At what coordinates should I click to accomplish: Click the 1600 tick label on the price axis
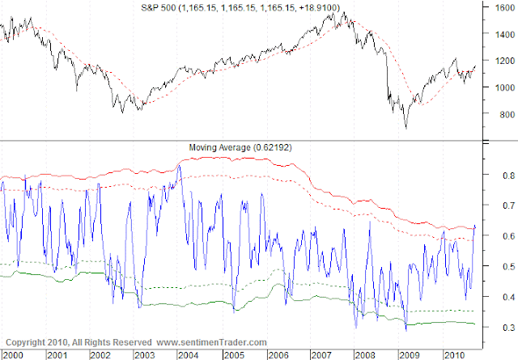[x=505, y=7]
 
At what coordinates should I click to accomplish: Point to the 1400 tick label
[x=505, y=34]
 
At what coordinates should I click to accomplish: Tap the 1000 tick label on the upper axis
[x=505, y=87]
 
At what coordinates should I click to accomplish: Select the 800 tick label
[x=507, y=115]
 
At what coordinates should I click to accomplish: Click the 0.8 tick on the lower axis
[x=509, y=176]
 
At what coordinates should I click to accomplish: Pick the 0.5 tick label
[x=509, y=266]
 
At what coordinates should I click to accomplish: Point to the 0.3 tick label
[x=509, y=328]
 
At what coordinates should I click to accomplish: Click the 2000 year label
[x=13, y=355]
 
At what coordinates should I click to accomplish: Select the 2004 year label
[x=189, y=355]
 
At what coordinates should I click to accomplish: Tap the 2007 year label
[x=322, y=355]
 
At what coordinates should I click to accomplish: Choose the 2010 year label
[x=455, y=355]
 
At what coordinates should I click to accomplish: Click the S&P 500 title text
[x=159, y=7]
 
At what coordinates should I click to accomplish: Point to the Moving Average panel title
[x=219, y=147]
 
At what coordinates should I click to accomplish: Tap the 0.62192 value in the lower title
[x=273, y=147]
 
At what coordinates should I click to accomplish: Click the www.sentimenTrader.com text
[x=211, y=342]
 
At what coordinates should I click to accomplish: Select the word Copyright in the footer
[x=25, y=342]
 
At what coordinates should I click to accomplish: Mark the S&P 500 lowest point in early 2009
[x=406, y=129]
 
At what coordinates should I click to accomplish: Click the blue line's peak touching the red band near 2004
[x=179, y=165]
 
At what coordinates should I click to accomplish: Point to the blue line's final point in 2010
[x=475, y=227]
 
